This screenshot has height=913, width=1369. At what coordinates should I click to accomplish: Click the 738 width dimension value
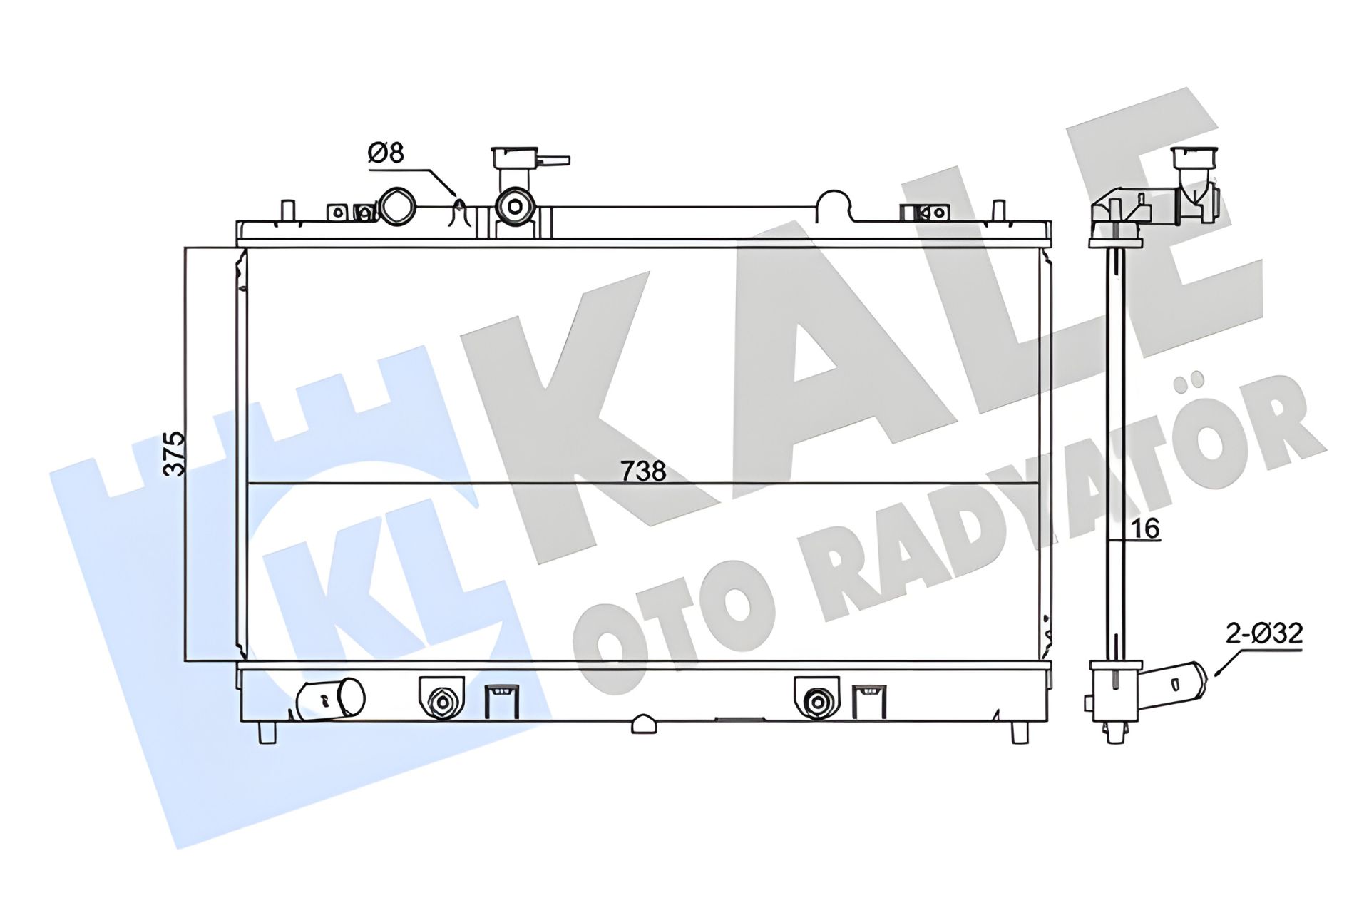click(643, 471)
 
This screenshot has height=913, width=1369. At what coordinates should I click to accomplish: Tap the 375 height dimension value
click(174, 454)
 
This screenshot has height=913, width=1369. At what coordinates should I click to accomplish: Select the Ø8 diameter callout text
click(386, 153)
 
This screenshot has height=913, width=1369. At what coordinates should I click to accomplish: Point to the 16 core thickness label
click(1147, 529)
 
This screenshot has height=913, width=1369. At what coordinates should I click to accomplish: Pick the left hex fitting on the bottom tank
click(441, 703)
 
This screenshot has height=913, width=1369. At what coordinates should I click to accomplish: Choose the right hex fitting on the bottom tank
click(816, 703)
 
